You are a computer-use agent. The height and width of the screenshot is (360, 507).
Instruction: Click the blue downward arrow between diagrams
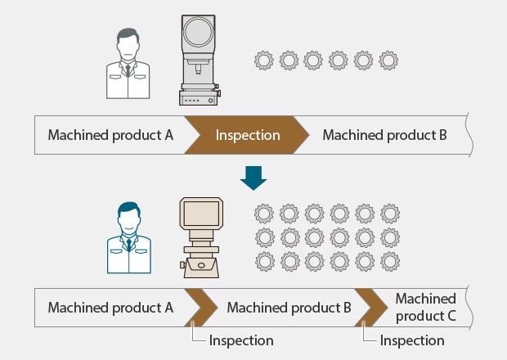(253, 178)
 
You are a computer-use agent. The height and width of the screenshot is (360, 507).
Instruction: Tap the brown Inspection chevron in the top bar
(247, 135)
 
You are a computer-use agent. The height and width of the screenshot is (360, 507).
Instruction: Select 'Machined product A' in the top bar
(110, 135)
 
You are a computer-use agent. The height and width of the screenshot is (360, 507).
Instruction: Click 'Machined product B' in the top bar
(384, 135)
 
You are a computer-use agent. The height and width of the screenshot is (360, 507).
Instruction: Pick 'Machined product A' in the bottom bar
(110, 308)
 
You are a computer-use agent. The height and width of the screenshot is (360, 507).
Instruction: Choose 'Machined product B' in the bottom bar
(289, 308)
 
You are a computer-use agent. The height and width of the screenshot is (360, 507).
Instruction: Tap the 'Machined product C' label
(425, 308)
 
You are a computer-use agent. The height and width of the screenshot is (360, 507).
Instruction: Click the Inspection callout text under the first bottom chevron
(241, 340)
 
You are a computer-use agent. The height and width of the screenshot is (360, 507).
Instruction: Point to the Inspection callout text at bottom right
(412, 340)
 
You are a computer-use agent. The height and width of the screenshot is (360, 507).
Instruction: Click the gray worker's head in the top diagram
(128, 45)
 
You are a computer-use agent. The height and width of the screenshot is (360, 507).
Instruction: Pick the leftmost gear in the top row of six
(263, 61)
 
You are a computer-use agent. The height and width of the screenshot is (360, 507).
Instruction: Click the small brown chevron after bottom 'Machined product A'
(200, 308)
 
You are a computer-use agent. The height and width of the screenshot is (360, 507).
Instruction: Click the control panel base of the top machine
(199, 97)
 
